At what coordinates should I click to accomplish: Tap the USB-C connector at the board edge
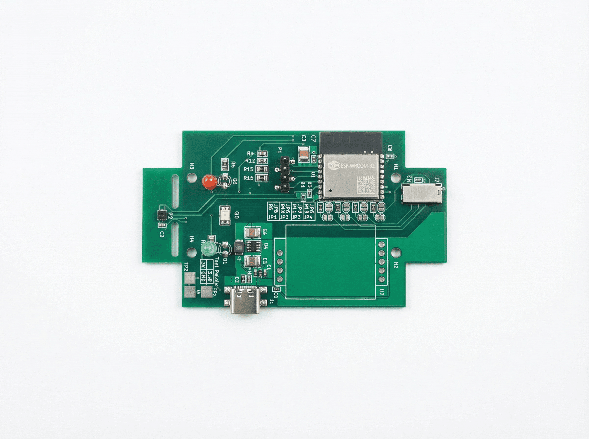[x=245, y=300]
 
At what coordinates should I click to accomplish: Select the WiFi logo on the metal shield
[x=334, y=166]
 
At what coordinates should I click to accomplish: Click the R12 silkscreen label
[x=250, y=161]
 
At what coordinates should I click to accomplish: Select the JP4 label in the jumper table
[x=308, y=217]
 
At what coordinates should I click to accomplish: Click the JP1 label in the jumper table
[x=272, y=217]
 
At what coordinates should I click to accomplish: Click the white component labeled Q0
[x=225, y=215]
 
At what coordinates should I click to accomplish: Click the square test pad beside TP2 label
[x=190, y=278]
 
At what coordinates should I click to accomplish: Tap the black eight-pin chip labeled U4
[x=252, y=246]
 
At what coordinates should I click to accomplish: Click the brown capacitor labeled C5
[x=252, y=261]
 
